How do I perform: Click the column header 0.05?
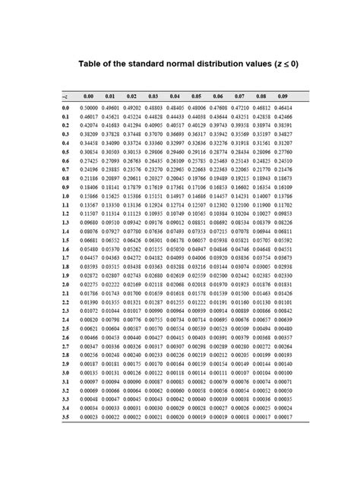(197, 96)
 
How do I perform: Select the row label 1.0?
(65, 196)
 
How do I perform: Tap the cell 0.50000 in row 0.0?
(88, 109)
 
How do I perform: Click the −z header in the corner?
(65, 96)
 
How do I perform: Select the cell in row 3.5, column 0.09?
(284, 418)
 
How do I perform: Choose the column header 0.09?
(284, 96)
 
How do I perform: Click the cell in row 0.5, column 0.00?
(88, 153)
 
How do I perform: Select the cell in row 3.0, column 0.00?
(88, 373)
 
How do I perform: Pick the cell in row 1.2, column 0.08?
(263, 214)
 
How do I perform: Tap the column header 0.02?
(131, 96)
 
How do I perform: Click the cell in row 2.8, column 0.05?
(197, 355)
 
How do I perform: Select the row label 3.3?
(65, 399)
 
